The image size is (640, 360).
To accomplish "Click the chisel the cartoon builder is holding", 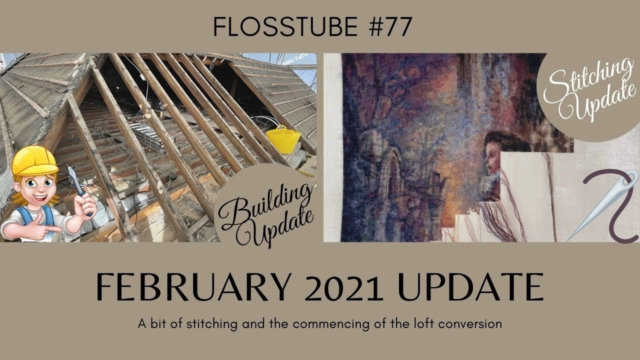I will pos(74,180).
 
